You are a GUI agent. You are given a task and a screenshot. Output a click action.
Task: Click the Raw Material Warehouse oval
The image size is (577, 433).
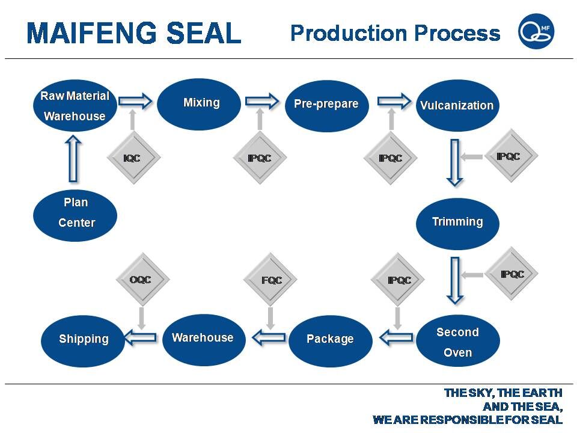75,106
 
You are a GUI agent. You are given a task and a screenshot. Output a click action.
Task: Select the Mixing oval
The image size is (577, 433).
199,104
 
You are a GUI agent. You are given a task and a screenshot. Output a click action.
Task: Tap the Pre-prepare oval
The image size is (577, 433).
327,106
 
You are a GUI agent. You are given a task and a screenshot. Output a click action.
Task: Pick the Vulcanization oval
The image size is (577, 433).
457,105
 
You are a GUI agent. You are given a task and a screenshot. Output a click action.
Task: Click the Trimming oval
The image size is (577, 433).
458,224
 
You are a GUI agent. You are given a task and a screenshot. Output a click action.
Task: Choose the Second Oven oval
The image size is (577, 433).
458,341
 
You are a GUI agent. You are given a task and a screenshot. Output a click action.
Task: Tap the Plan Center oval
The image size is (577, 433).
75,215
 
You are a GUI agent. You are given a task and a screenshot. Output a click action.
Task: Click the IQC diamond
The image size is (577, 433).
133,158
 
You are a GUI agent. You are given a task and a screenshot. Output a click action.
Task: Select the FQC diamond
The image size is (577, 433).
270,279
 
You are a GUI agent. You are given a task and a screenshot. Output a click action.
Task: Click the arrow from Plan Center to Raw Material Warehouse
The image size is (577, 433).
73,159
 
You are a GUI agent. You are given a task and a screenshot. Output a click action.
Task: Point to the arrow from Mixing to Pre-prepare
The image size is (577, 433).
262,101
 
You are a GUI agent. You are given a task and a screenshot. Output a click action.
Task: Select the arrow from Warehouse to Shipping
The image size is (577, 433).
141,337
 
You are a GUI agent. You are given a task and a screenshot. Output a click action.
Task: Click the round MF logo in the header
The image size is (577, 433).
536,31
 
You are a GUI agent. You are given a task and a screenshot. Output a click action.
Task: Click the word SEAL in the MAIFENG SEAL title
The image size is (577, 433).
204,33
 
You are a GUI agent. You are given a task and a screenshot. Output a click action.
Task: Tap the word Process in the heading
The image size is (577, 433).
457,33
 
